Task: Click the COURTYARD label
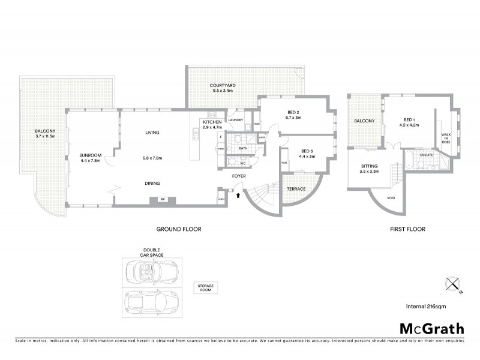[221, 86]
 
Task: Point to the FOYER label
[239, 176]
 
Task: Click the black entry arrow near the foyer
[239, 194]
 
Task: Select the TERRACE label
[296, 189]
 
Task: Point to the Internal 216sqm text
[428, 306]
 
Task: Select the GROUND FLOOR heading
[179, 229]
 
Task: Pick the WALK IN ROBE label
[446, 139]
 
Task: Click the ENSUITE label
[426, 155]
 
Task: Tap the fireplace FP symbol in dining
[163, 200]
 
